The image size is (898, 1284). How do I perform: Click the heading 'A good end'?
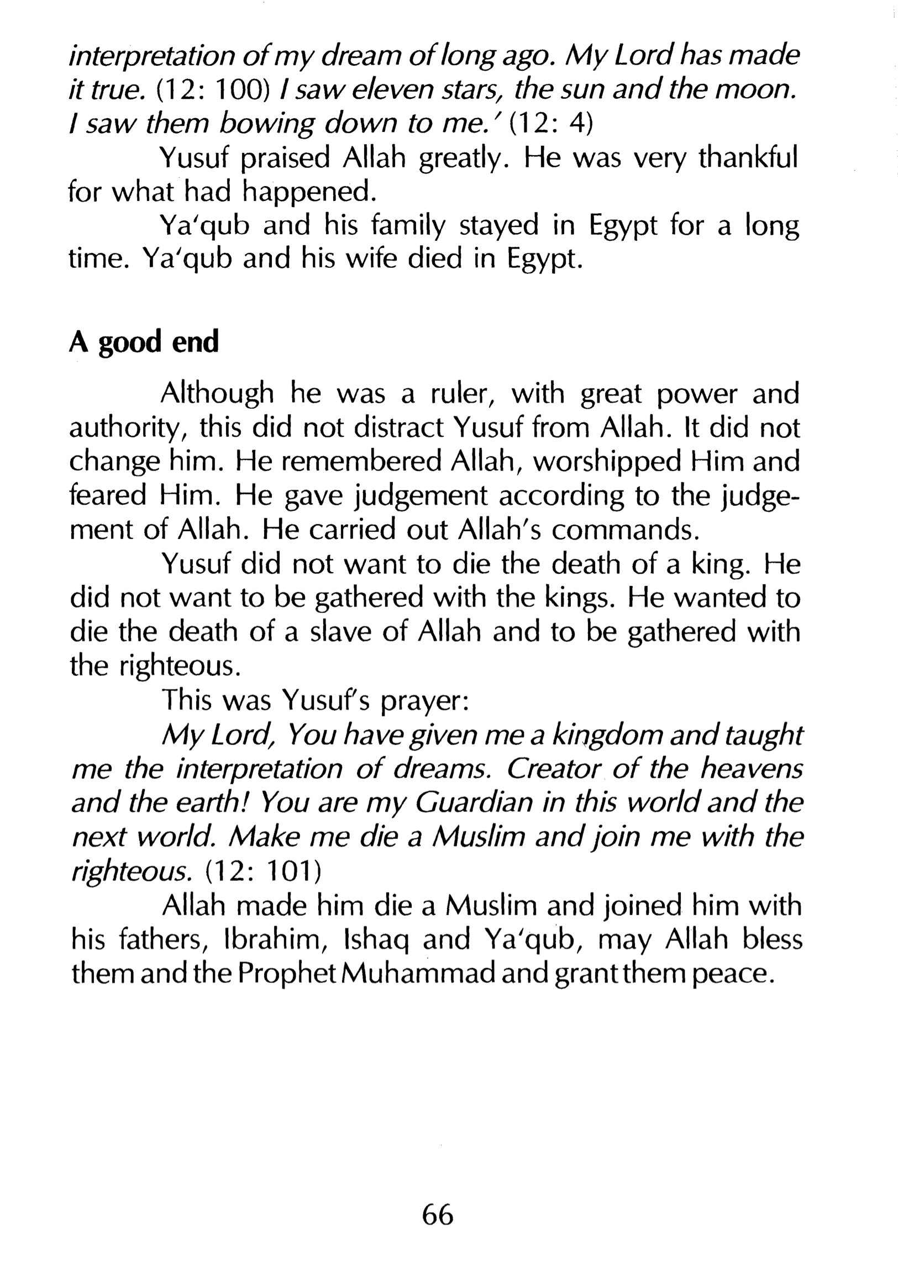144,342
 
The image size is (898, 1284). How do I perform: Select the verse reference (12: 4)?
550,124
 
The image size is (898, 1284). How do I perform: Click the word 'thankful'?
748,159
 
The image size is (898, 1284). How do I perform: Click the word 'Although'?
217,395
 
